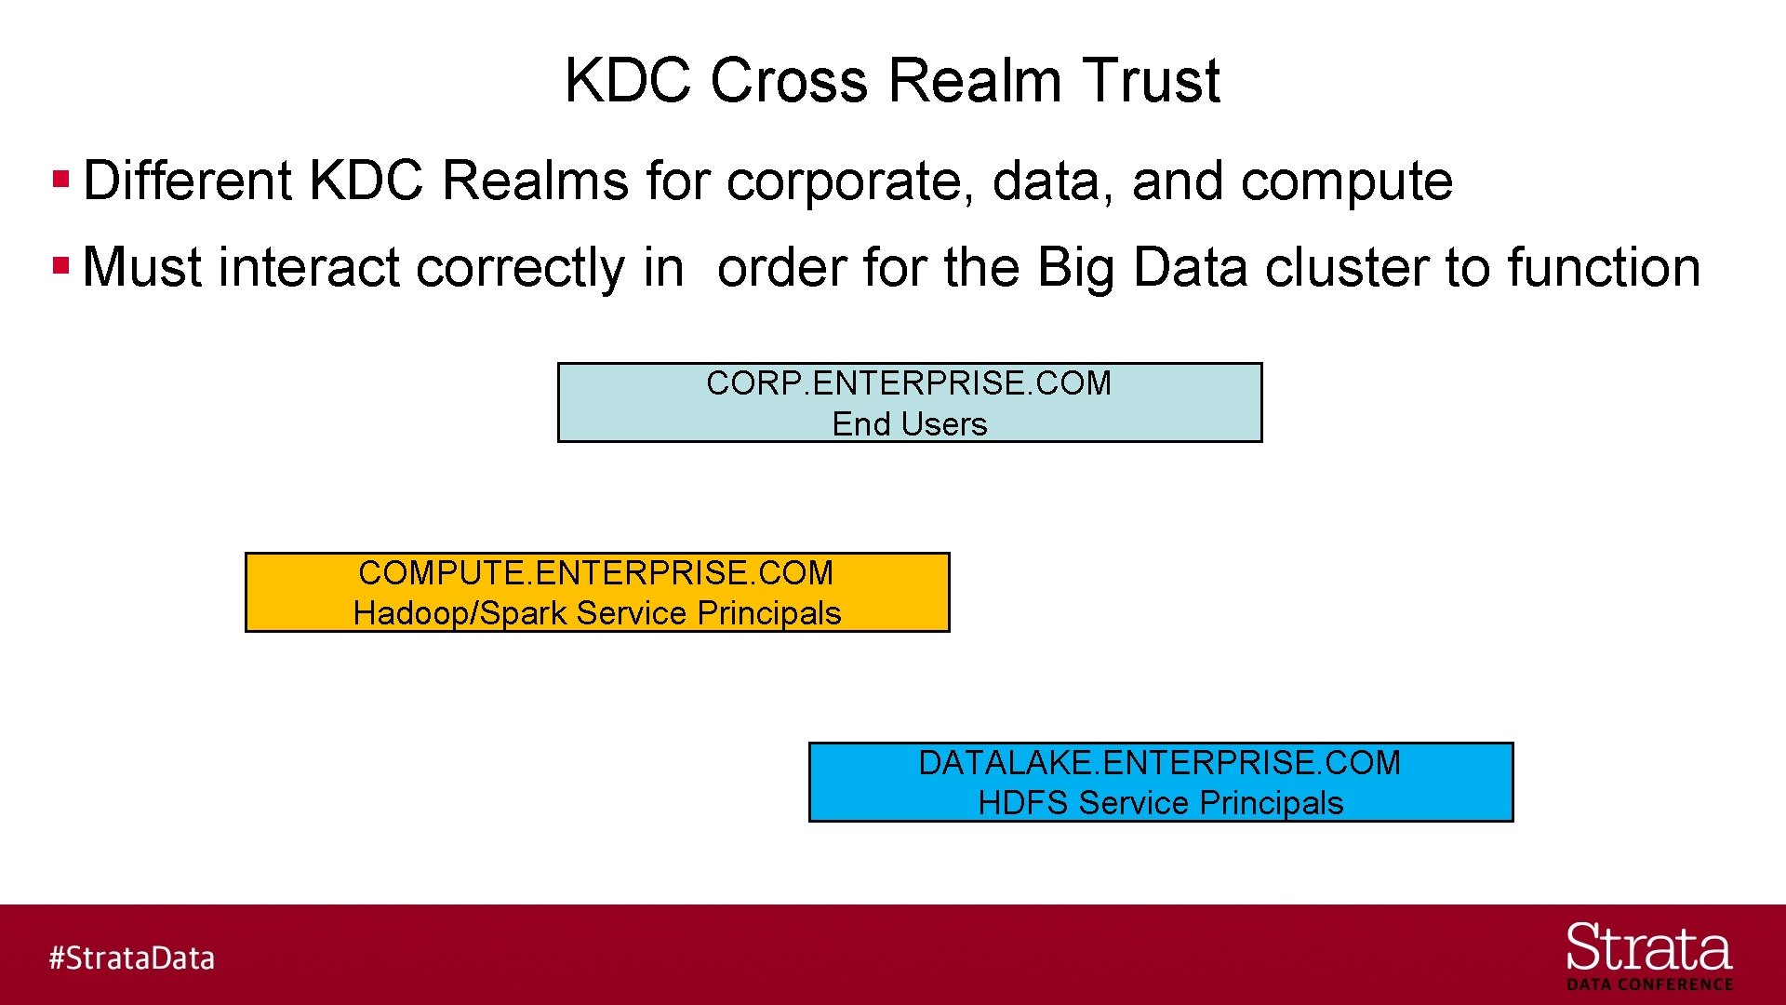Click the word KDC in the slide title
point(626,80)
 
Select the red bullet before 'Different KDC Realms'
point(61,179)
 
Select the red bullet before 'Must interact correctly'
point(61,266)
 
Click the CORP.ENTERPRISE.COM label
point(909,383)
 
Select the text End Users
point(909,424)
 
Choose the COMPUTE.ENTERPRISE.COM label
point(595,573)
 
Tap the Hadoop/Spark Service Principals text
point(597,614)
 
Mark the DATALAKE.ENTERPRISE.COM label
point(1159,763)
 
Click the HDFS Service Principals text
point(1160,803)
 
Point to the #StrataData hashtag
point(132,958)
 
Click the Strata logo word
point(1648,949)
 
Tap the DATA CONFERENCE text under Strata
point(1649,985)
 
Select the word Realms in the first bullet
point(535,181)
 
